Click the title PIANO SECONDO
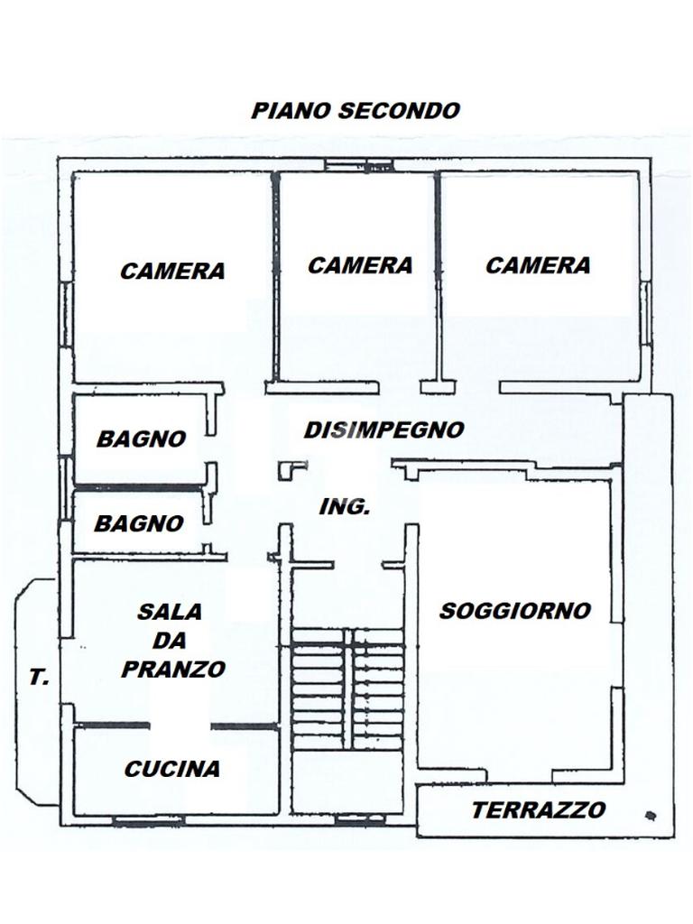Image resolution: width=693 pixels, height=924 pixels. [356, 111]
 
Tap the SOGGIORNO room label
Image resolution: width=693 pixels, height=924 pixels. [515, 611]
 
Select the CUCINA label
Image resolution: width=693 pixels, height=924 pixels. [172, 769]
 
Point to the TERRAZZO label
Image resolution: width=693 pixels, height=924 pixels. [538, 810]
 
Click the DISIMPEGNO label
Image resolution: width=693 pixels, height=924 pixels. [383, 430]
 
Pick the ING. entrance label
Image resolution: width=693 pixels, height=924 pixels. [345, 507]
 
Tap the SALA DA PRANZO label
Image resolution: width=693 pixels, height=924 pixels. [172, 640]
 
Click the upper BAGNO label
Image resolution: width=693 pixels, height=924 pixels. [142, 439]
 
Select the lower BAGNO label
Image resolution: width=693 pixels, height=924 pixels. [139, 523]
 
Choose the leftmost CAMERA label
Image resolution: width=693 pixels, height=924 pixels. [172, 271]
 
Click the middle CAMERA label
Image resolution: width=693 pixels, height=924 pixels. [360, 265]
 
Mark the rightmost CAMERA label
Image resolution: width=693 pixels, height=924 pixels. [538, 265]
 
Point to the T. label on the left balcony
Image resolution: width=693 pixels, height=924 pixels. [39, 679]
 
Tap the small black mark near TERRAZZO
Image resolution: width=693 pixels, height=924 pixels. [650, 815]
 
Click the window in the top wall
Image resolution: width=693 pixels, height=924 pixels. [358, 165]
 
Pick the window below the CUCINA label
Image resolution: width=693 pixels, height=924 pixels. [149, 819]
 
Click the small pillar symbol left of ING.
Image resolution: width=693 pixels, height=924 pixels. [291, 467]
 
